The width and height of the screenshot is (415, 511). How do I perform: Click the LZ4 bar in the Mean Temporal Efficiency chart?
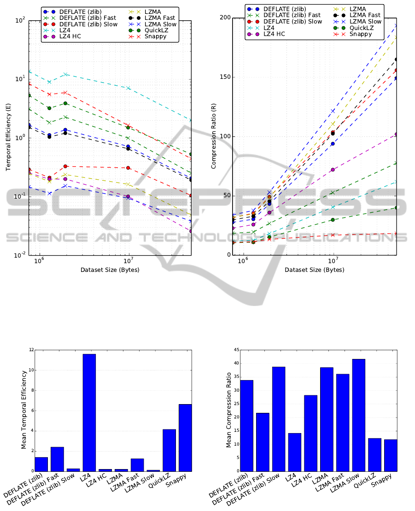(x=89, y=412)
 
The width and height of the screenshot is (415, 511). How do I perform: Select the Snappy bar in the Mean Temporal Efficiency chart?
(x=185, y=438)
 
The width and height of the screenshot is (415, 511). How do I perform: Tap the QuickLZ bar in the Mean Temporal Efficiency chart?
(x=170, y=450)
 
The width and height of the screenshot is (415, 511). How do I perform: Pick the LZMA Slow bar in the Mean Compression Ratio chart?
(x=359, y=415)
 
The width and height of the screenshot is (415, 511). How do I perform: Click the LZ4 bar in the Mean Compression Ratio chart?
(x=294, y=452)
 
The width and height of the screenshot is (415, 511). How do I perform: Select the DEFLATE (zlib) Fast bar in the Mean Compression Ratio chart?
(x=263, y=442)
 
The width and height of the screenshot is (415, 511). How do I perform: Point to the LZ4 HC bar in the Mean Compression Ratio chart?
(x=310, y=433)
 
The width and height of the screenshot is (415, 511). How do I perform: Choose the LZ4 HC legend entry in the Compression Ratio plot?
(x=266, y=34)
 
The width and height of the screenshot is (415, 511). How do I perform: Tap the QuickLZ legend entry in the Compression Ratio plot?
(x=353, y=28)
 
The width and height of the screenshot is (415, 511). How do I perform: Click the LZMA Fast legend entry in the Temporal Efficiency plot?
(x=152, y=18)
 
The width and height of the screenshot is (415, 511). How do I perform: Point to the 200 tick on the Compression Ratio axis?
(x=225, y=18)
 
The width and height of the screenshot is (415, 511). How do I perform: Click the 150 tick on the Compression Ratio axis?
(x=225, y=77)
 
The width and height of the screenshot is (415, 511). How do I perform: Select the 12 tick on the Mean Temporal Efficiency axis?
(x=31, y=350)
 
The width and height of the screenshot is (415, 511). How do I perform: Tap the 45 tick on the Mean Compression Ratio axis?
(x=236, y=350)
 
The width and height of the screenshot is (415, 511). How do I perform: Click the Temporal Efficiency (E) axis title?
(x=8, y=137)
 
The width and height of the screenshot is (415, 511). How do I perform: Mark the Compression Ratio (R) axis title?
(x=214, y=136)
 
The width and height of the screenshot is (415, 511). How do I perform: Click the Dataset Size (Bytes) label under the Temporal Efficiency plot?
(x=110, y=270)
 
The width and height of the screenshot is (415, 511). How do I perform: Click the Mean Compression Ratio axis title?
(x=228, y=410)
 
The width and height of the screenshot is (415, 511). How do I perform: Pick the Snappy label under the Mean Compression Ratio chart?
(x=381, y=481)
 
